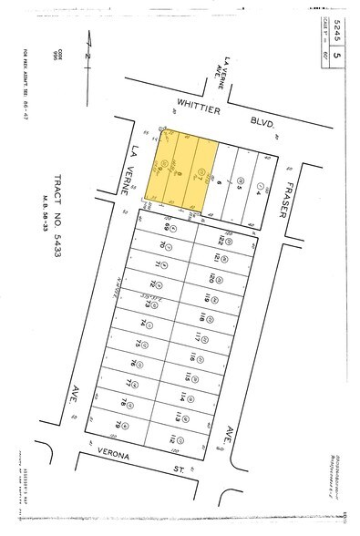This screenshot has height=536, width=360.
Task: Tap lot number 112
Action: (173, 438)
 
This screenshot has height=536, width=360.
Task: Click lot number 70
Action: (163, 245)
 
